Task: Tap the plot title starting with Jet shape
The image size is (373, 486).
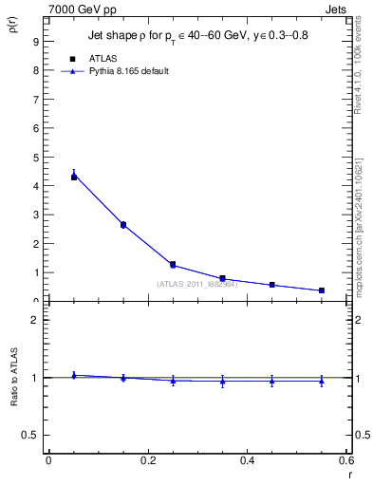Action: pyautogui.click(x=196, y=36)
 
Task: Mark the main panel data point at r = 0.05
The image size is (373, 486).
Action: pyautogui.click(x=74, y=177)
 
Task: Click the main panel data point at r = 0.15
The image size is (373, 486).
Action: pyautogui.click(x=123, y=225)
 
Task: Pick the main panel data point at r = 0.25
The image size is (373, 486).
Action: pyautogui.click(x=173, y=264)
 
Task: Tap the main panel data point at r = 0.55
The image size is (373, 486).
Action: pyautogui.click(x=322, y=290)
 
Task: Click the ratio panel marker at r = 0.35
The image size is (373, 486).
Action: pyautogui.click(x=222, y=381)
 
